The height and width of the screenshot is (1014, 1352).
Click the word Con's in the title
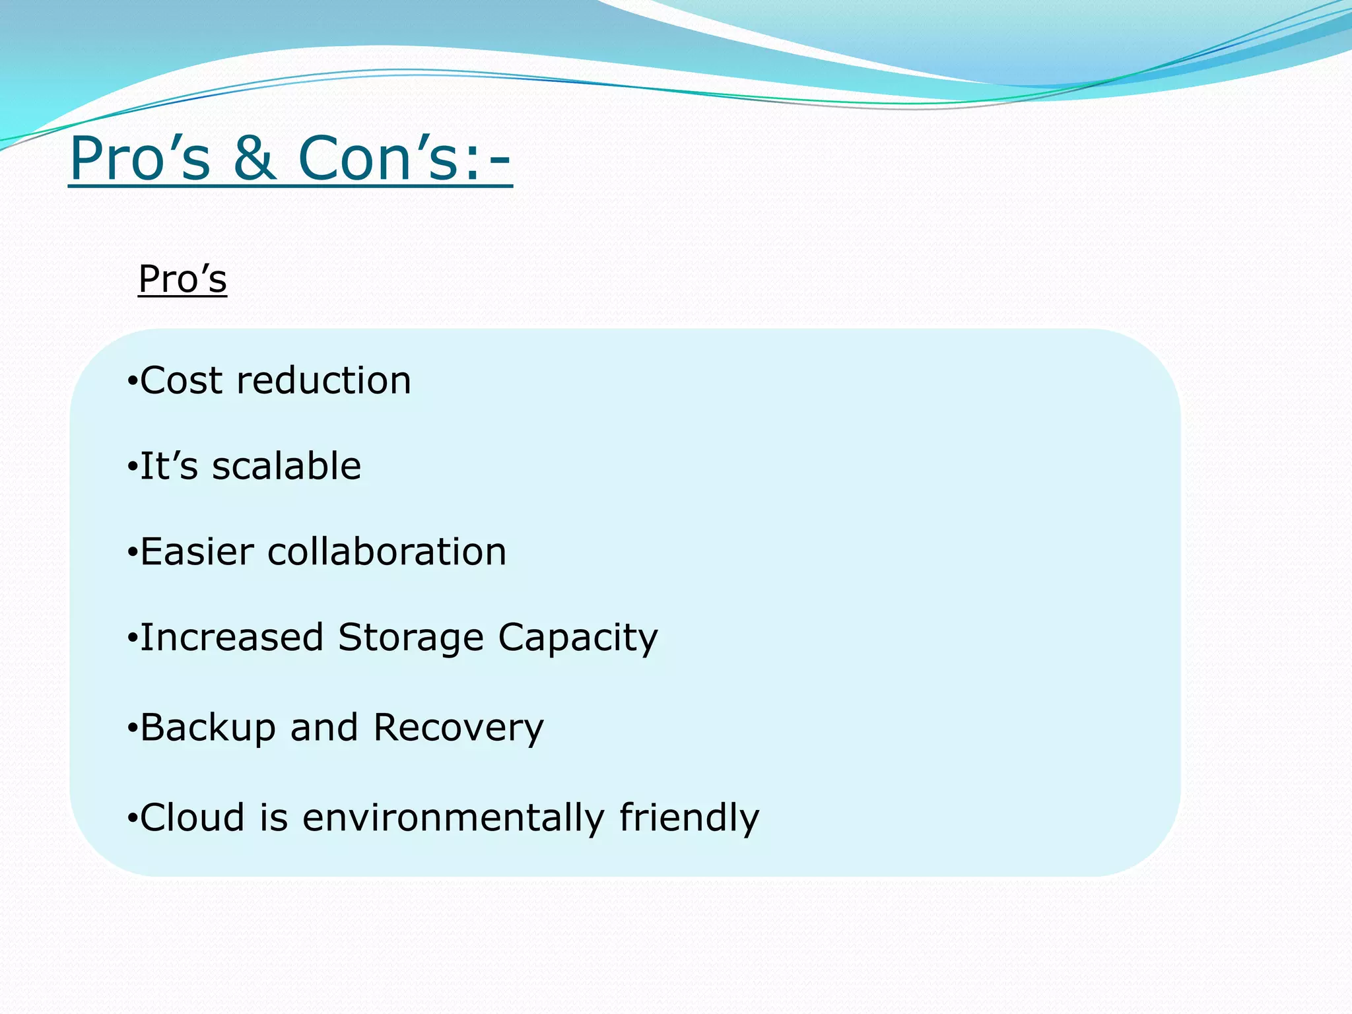[378, 158]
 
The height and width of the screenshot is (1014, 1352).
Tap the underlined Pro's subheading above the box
[183, 279]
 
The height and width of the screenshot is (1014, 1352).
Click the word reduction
[323, 381]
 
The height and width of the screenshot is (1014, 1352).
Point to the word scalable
[287, 466]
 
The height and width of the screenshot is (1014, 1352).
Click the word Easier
[197, 552]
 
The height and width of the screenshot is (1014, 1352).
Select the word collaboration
[387, 552]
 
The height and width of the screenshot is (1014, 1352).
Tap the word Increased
[232, 638]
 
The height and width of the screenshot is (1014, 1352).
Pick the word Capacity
[578, 638]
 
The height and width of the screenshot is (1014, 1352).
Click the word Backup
[207, 728]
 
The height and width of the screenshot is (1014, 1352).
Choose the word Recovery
[458, 728]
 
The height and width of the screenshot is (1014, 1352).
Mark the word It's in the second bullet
[169, 466]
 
